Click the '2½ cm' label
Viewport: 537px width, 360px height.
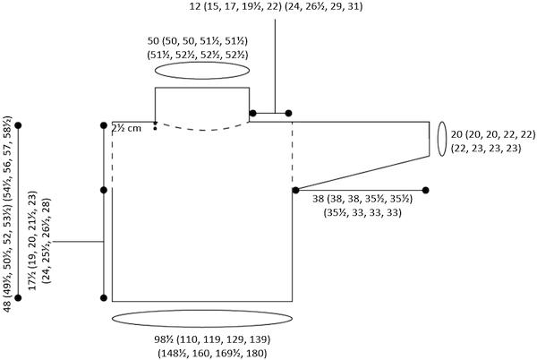tap(126, 128)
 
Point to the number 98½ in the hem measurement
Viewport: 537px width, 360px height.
tap(162, 339)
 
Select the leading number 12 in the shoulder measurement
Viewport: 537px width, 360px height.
tap(194, 6)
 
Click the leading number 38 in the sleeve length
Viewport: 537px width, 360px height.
tap(318, 199)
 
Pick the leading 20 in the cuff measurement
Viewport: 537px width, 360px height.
tap(456, 134)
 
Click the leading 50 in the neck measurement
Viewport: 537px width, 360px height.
tap(153, 41)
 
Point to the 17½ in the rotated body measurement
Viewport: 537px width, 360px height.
tap(32, 283)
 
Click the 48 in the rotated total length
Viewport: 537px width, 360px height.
tap(7, 306)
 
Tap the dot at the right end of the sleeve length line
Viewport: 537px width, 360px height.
tap(425, 190)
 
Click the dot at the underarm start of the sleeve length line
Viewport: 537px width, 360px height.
tap(296, 190)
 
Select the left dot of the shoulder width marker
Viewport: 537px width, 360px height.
tap(252, 113)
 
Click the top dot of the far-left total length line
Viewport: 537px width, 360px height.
tap(18, 125)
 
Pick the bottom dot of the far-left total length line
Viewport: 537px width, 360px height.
tap(18, 298)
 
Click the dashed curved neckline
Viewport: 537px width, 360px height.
tap(202, 130)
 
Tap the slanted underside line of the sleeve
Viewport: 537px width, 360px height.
tap(362, 173)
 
